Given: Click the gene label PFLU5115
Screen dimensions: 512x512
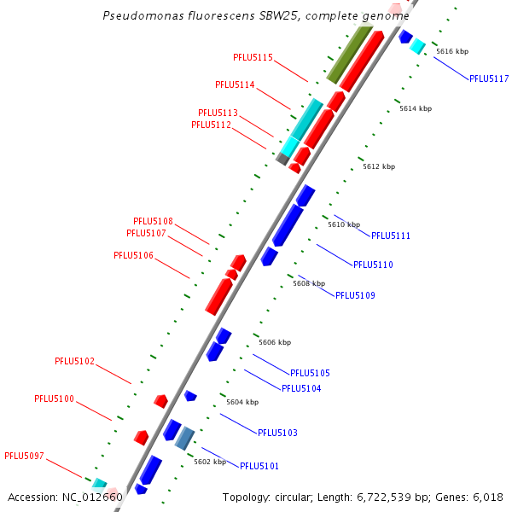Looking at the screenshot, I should [253, 57].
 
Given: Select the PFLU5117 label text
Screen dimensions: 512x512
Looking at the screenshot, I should [489, 79].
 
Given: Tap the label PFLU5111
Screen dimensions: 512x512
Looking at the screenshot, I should [391, 236].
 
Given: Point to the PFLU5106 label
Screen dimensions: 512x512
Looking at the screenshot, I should [133, 255].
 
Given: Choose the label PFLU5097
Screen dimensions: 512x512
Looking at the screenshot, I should [24, 456].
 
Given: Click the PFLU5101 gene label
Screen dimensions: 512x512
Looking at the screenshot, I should [259, 466].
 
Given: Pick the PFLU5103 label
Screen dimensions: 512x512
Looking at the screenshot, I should [277, 433].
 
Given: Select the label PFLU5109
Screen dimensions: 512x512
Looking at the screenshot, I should [355, 295].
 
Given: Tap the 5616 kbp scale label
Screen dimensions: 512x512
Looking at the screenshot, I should [452, 52].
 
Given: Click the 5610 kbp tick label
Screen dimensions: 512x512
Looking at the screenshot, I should [344, 224].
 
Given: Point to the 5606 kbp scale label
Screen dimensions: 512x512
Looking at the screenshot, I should [275, 342].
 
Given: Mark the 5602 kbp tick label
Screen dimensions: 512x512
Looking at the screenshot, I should [210, 462].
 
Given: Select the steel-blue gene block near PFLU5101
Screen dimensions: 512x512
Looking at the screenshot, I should [185, 439].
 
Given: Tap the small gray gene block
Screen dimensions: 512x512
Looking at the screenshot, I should [282, 159].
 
